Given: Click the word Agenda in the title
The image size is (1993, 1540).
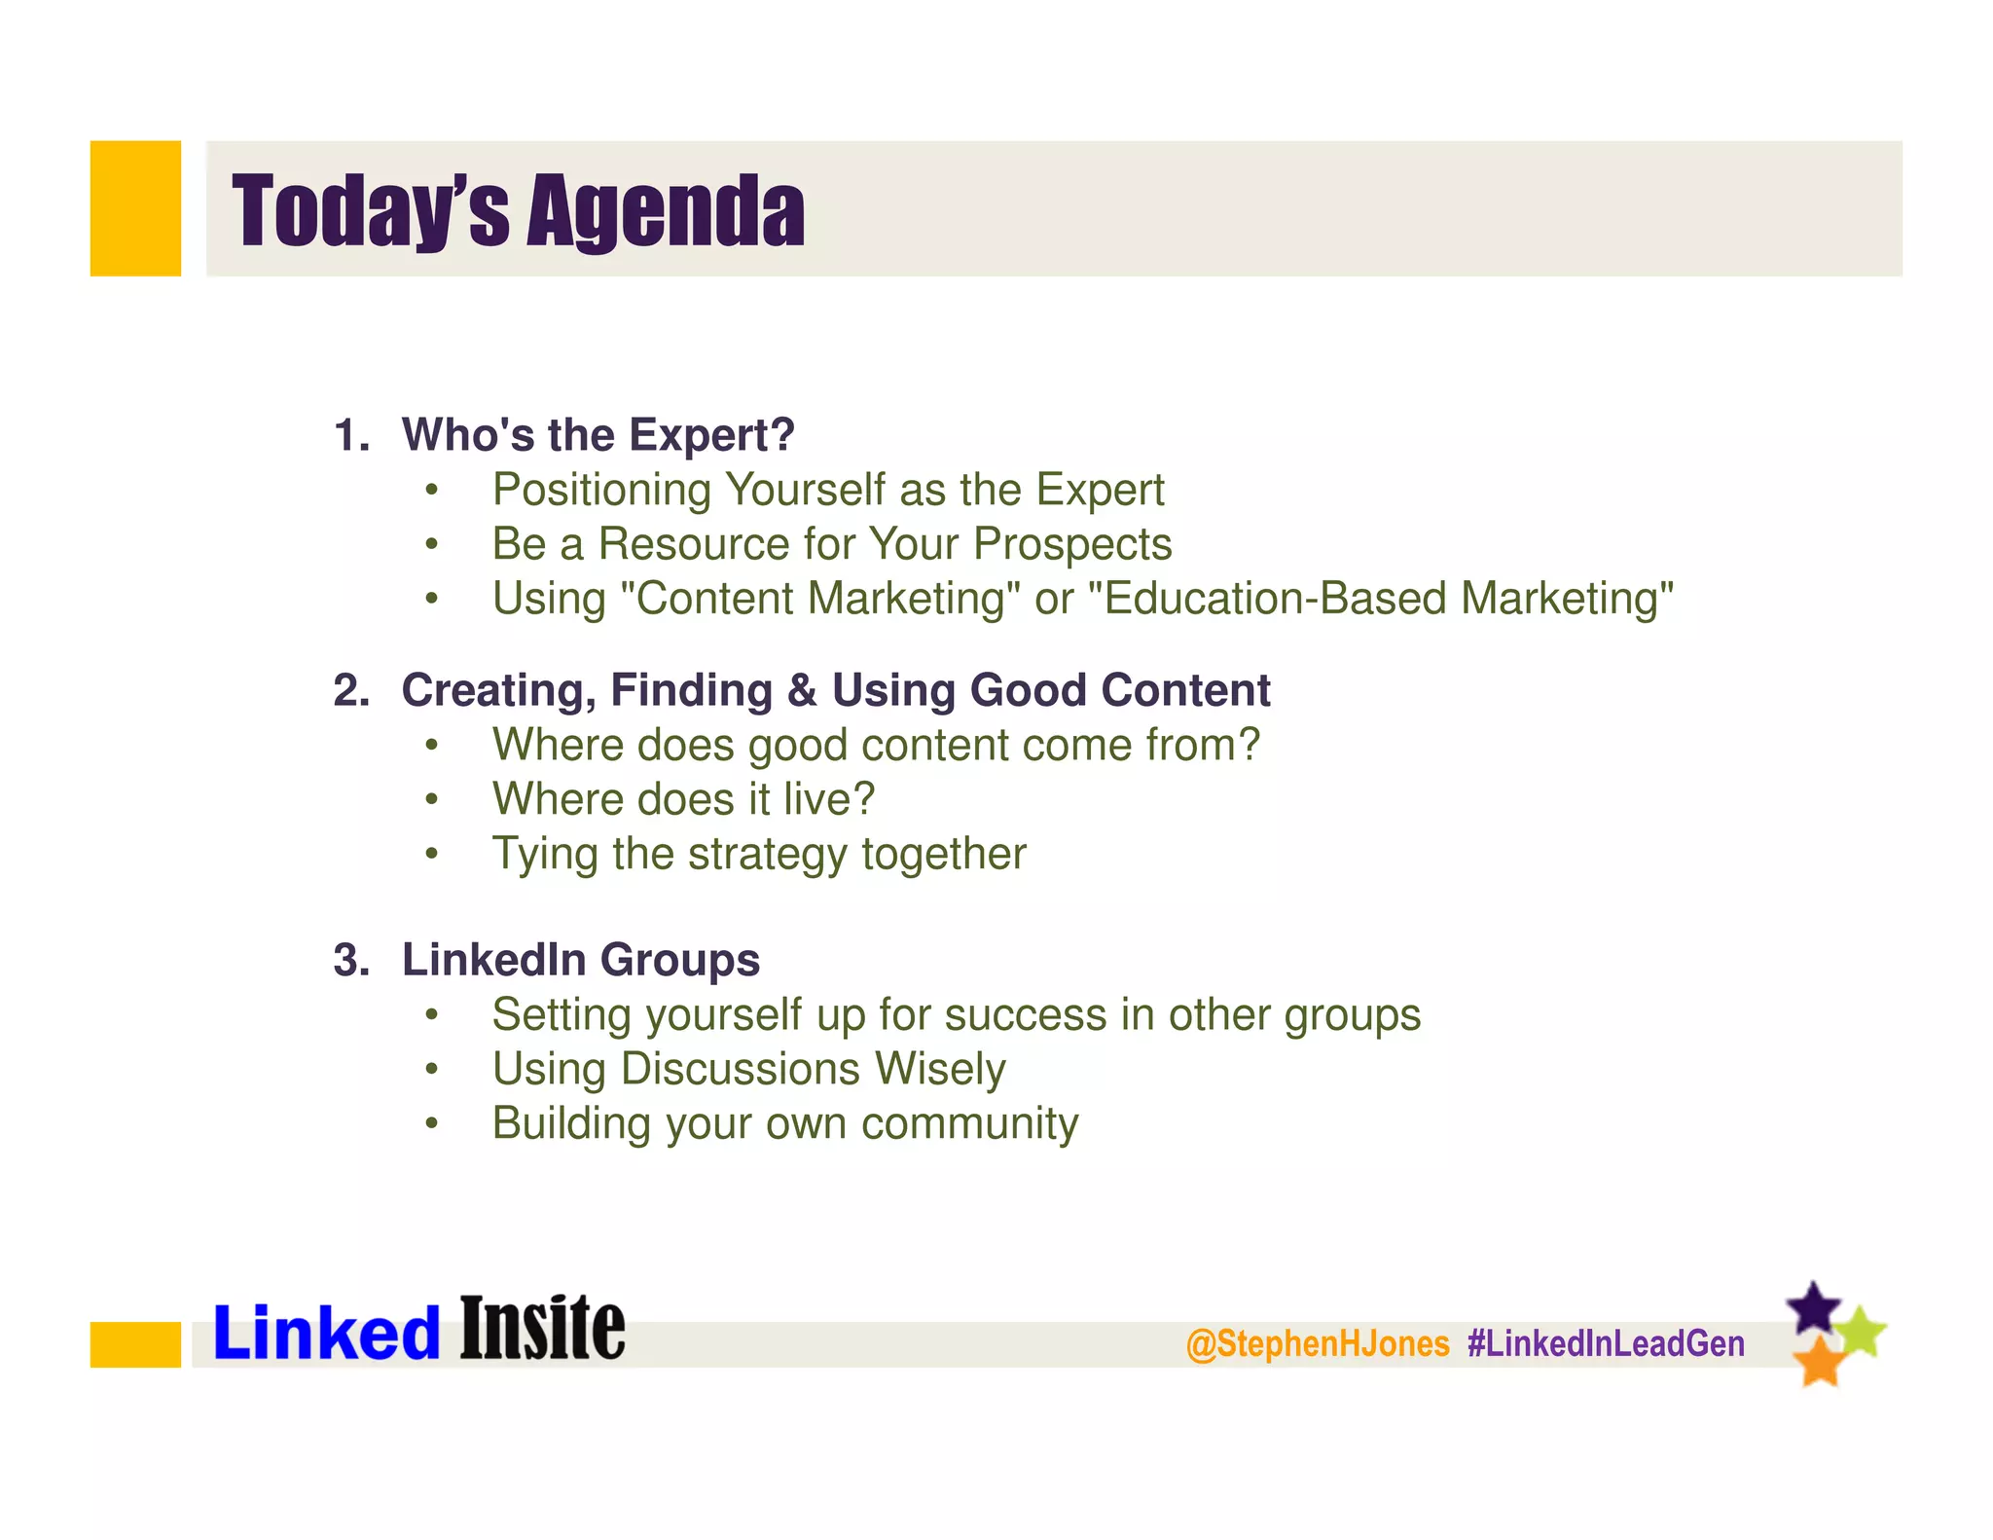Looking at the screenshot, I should click(666, 210).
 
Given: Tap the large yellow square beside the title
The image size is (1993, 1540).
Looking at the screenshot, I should click(135, 208).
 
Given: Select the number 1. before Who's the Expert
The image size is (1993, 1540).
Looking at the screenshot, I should click(351, 435).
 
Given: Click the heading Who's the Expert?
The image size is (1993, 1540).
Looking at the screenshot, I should click(598, 434).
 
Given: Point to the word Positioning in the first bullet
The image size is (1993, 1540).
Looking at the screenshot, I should click(601, 490).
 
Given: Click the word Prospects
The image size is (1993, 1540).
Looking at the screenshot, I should click(1072, 544).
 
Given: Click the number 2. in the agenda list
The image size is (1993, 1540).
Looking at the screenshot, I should click(351, 690).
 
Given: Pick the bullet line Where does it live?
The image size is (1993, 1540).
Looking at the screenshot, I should click(683, 799).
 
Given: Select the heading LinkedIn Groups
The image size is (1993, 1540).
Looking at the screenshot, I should click(580, 960).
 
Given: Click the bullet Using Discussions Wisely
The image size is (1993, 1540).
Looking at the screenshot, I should click(748, 1069).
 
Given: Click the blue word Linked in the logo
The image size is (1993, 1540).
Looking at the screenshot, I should click(326, 1333).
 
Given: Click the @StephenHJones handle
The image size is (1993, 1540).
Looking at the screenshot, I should click(1317, 1343).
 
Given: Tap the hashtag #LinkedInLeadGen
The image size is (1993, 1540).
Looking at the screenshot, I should click(1606, 1343).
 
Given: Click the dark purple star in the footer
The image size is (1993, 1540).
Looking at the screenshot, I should click(1813, 1307).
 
